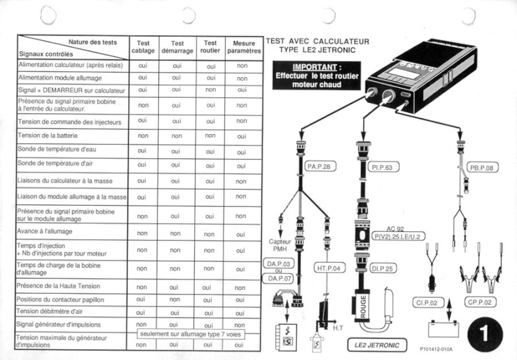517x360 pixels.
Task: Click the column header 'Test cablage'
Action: [143, 47]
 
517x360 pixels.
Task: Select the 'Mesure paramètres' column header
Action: [243, 47]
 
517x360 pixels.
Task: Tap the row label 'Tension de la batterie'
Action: [47, 135]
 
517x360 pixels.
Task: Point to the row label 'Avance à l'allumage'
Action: [45, 231]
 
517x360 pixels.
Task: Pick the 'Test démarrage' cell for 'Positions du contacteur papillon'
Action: [175, 300]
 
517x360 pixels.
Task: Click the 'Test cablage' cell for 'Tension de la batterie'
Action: [143, 136]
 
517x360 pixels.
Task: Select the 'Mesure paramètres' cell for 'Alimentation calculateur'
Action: [243, 65]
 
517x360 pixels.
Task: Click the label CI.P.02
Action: [426, 302]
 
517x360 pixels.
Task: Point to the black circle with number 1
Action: [483, 331]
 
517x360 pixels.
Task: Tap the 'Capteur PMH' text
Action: [281, 245]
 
